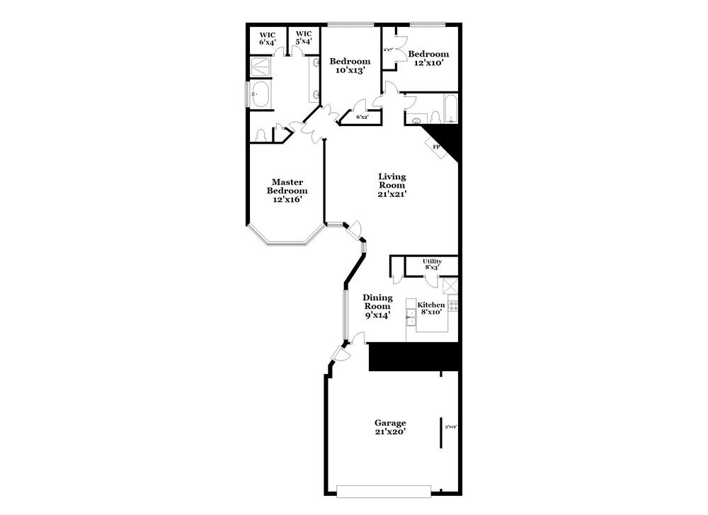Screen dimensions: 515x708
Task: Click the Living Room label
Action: (x=392, y=185)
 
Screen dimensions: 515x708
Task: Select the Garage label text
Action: (x=390, y=427)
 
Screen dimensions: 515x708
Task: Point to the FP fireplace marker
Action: (x=436, y=147)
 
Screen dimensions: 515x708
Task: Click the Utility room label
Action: (x=432, y=264)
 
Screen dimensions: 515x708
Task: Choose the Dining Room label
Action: (x=377, y=307)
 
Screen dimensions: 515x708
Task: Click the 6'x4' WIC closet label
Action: (x=267, y=38)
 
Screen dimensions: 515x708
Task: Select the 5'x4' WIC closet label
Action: (x=304, y=38)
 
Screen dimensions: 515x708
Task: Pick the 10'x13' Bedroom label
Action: (x=350, y=66)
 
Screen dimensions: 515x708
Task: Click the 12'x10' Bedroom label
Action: (x=428, y=58)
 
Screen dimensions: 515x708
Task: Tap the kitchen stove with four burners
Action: (x=453, y=306)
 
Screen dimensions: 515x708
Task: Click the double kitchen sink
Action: (x=411, y=316)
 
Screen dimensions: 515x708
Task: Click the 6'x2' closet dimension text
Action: (x=362, y=117)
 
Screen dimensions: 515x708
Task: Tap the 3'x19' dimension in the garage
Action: (x=450, y=426)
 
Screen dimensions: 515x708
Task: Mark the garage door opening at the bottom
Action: (x=384, y=490)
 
